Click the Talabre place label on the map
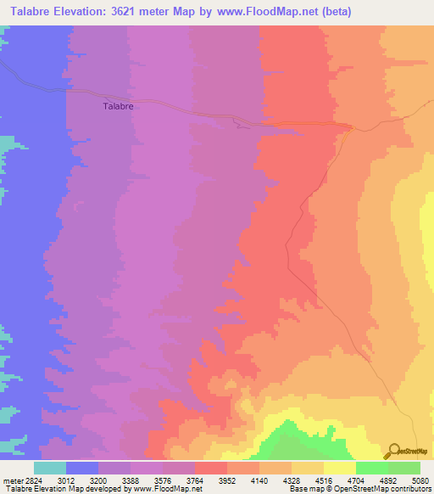click(119, 106)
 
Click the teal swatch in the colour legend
click(50, 468)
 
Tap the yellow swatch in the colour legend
click(340, 468)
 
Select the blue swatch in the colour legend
click(82, 468)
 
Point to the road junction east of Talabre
click(350, 127)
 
